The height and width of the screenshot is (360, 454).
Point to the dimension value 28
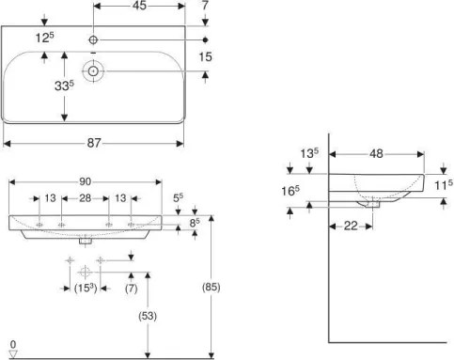85,199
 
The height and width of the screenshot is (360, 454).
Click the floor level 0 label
12,344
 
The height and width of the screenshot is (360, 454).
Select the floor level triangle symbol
12,353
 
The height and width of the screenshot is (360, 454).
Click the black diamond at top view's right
207,40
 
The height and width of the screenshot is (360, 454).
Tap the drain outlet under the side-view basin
373,201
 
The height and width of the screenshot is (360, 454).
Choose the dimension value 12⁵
41,38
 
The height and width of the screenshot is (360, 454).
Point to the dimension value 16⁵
292,192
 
